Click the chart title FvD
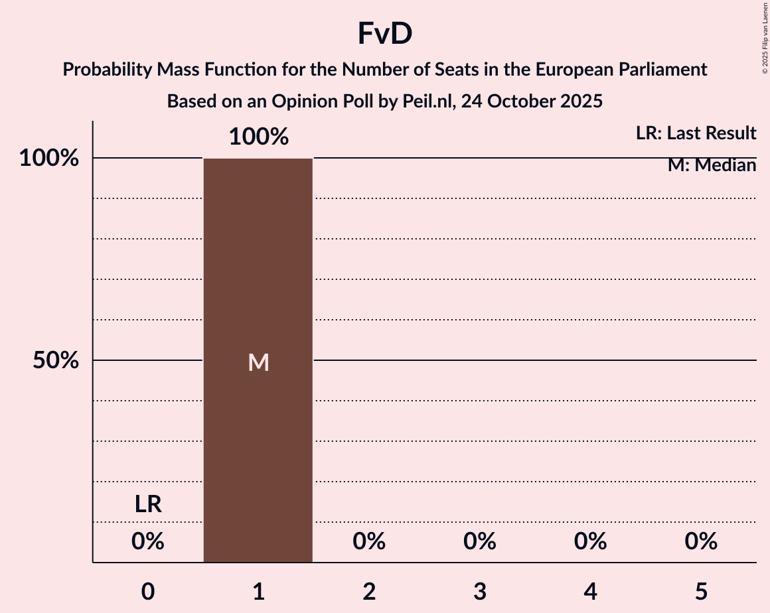(385, 34)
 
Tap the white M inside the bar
(258, 362)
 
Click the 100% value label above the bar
(258, 137)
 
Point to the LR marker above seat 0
(148, 505)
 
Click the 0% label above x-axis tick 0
(148, 542)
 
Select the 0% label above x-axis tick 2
(369, 542)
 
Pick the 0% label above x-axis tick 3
(480, 542)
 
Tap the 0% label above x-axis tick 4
(591, 542)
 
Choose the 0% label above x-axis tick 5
(701, 542)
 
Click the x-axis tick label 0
(148, 591)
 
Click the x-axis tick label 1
(258, 591)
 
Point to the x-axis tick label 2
(369, 591)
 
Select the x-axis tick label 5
(701, 591)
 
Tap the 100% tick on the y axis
(49, 159)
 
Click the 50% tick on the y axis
(56, 361)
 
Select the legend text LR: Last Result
(696, 133)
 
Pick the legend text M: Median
(712, 165)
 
